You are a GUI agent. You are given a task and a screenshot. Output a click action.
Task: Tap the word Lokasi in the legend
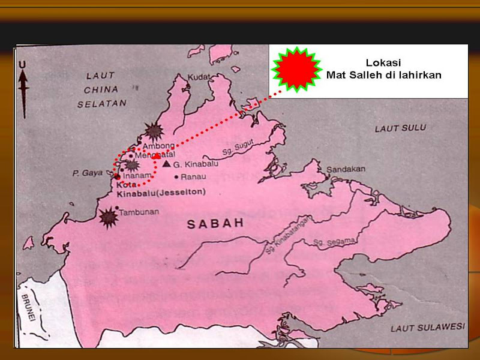[383, 62]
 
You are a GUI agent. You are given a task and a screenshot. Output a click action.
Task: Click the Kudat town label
[199, 77]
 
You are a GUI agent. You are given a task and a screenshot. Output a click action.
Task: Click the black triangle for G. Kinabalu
[166, 163]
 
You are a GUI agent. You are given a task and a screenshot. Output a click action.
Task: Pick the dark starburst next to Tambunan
[109, 217]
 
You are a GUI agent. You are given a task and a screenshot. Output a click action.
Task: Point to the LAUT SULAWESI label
[428, 328]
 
